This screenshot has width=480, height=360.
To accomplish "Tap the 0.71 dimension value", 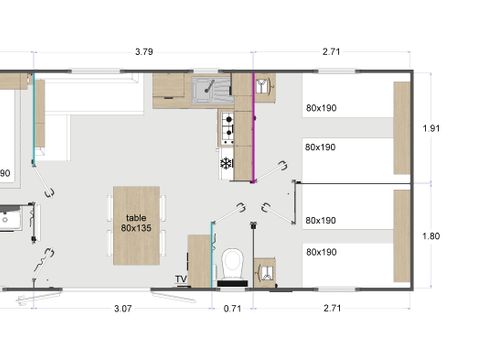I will click(232, 309).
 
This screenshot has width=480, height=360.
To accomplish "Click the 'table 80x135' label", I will click(136, 223).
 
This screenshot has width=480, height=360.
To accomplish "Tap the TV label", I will click(181, 279).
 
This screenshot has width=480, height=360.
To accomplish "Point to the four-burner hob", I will click(228, 125).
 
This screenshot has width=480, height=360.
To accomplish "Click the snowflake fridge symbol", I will click(227, 162).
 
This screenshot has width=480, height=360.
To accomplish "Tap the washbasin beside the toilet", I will click(265, 270).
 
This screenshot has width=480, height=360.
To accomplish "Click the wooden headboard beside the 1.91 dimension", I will click(401, 128).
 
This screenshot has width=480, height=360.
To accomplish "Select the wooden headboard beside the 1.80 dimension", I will click(401, 236).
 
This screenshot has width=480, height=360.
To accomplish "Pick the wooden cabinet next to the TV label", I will click(200, 261).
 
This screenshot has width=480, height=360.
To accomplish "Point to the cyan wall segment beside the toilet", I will click(213, 254).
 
